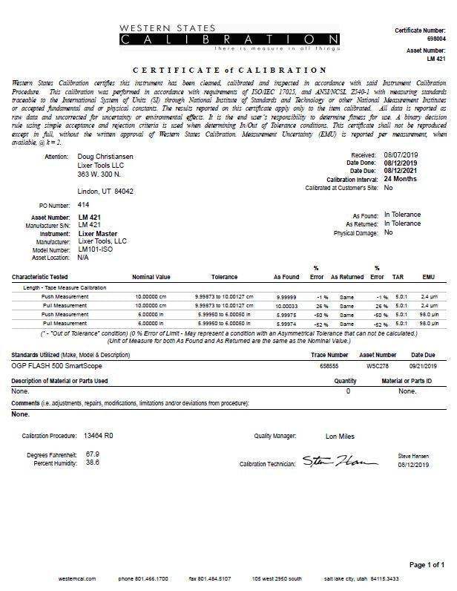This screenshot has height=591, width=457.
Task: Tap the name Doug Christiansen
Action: (108, 157)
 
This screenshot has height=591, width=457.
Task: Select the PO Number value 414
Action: (83, 203)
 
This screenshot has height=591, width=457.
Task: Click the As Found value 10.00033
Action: (286, 305)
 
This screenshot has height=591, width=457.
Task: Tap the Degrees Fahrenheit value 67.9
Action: (93, 453)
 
